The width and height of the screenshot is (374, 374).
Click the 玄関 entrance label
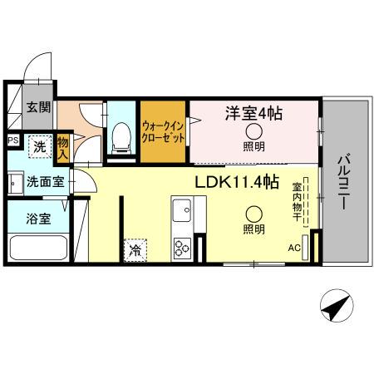coord(37,107)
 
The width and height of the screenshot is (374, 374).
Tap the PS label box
coord(12,140)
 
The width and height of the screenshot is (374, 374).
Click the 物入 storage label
coord(62,147)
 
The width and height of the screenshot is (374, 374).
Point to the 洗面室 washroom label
coord(38,181)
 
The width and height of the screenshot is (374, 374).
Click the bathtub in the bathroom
coord(40,249)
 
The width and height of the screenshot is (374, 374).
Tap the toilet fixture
coord(122,136)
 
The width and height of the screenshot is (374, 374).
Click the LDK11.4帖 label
coord(236,183)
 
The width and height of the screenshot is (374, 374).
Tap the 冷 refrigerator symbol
coord(133,248)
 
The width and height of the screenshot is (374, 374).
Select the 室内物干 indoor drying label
coord(296,202)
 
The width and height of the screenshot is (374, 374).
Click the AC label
coord(293,247)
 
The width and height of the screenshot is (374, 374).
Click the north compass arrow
coord(334,309)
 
